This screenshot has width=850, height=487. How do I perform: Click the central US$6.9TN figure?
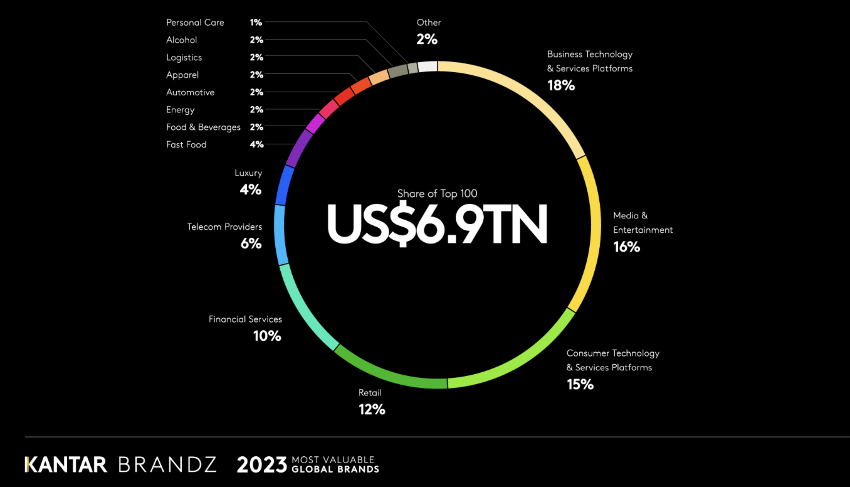[437, 223]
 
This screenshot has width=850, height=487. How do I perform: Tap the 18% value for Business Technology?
[561, 85]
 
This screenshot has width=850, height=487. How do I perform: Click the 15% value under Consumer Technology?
[580, 384]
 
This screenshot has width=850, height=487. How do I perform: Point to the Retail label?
[370, 393]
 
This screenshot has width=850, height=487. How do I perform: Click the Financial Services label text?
[245, 319]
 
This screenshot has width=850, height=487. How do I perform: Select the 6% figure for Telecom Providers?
[251, 243]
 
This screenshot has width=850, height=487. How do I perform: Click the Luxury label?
[248, 173]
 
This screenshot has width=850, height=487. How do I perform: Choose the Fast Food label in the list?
[186, 144]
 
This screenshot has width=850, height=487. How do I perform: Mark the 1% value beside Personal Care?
[256, 23]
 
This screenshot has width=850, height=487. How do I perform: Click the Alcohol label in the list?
[182, 40]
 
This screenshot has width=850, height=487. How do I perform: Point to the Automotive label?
[190, 92]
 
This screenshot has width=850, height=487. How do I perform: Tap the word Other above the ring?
[429, 23]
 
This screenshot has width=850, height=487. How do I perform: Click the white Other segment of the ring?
[428, 67]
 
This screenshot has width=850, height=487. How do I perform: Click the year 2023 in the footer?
[262, 464]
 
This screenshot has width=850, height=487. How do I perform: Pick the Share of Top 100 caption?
[437, 194]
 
